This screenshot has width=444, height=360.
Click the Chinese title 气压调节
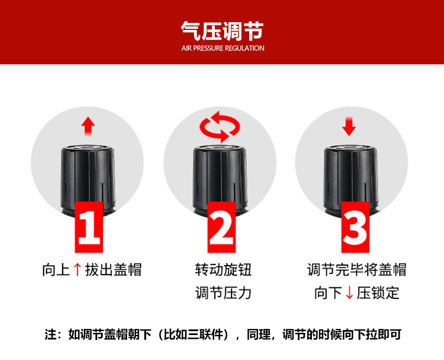point(223,31)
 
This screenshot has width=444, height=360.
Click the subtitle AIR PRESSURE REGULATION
point(223,48)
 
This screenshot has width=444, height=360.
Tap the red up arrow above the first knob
point(88,126)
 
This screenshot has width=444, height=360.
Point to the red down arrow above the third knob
point(349,126)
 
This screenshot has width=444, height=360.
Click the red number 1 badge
point(89,227)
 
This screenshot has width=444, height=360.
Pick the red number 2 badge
point(221,227)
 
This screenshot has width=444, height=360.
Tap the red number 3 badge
point(355,227)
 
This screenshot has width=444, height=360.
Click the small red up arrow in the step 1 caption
point(77,270)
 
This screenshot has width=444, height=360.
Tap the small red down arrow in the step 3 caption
point(350,293)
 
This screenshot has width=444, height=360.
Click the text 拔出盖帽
point(113,270)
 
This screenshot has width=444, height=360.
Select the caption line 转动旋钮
point(223,270)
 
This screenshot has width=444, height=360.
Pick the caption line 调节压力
point(223,293)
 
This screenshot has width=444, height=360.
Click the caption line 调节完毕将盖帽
point(357,270)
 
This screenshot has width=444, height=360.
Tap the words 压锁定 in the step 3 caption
point(378,293)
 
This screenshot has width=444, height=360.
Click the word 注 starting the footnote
point(51,334)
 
